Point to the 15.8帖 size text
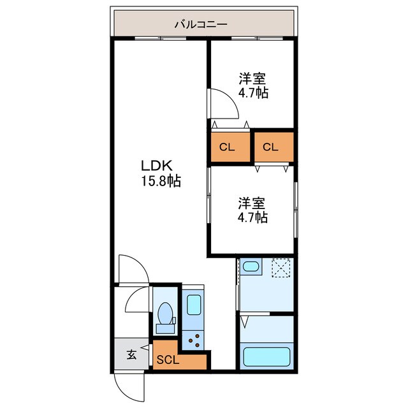[161, 181]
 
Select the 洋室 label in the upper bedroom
[252, 79]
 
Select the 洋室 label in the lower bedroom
[252, 203]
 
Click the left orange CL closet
[228, 147]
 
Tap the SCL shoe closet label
[169, 359]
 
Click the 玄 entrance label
[131, 355]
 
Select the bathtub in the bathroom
[267, 356]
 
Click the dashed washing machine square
[281, 268]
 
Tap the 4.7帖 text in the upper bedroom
[253, 93]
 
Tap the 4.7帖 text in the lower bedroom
[253, 217]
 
